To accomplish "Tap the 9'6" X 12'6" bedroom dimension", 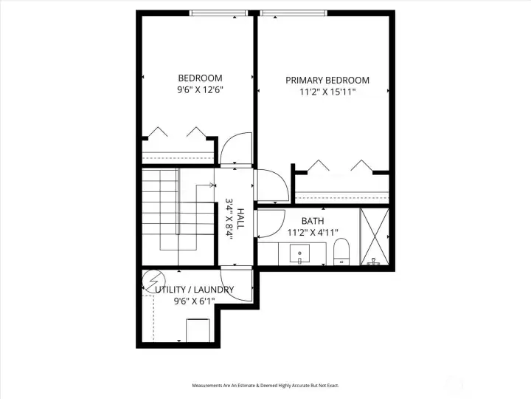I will [x=200, y=89].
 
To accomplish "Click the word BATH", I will [x=313, y=221].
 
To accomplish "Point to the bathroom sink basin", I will [x=301, y=253].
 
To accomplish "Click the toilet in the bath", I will [x=341, y=251].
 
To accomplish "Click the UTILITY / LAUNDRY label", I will [x=195, y=290].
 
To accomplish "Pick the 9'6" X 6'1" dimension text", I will [x=194, y=301].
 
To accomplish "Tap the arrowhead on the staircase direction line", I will [x=212, y=185].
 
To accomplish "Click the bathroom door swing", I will [x=271, y=222].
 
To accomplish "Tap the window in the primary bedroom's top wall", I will [x=294, y=13].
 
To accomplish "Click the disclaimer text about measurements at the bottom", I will [x=265, y=386].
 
